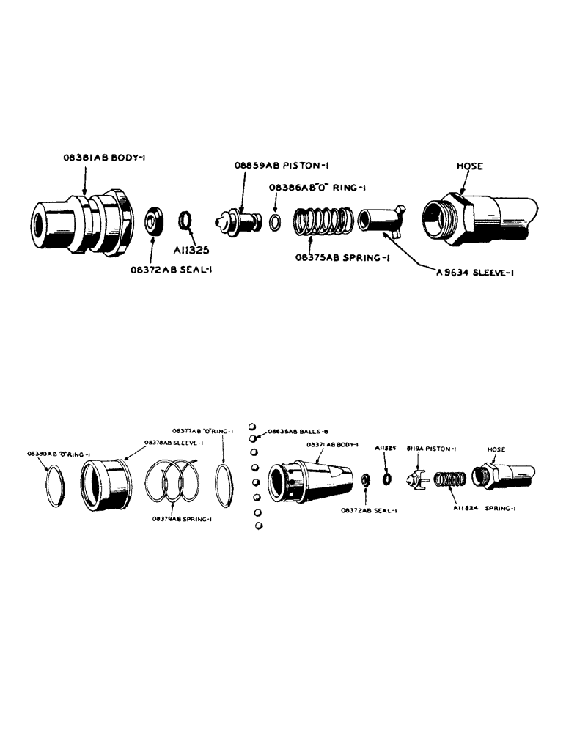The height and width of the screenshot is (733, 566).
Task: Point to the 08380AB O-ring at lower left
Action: click(57, 486)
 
